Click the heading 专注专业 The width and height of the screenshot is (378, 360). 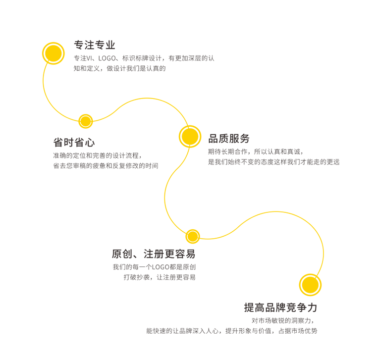(94, 45)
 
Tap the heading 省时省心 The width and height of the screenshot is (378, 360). (73, 143)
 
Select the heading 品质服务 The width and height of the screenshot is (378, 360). (229, 139)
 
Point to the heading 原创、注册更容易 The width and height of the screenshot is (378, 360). (153, 255)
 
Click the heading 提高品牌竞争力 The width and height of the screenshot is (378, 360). (280, 308)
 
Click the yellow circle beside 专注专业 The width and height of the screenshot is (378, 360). (54, 53)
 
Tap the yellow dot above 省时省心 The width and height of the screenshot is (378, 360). (86, 121)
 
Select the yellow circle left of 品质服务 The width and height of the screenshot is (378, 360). (189, 136)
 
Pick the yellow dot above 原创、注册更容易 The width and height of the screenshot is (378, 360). (192, 236)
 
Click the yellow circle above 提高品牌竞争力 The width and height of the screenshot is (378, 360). (311, 285)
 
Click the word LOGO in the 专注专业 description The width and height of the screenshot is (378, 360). (107, 58)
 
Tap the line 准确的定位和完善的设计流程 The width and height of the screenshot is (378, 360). (97, 155)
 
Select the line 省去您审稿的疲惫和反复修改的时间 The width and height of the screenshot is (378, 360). (105, 166)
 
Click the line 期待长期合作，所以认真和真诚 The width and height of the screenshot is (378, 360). (255, 152)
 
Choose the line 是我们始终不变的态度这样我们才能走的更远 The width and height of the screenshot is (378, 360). (273, 162)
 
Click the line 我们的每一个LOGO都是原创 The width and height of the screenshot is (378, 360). (154, 267)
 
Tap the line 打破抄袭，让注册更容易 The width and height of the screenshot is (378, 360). (159, 277)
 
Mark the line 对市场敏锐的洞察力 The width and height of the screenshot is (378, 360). (282, 320)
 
